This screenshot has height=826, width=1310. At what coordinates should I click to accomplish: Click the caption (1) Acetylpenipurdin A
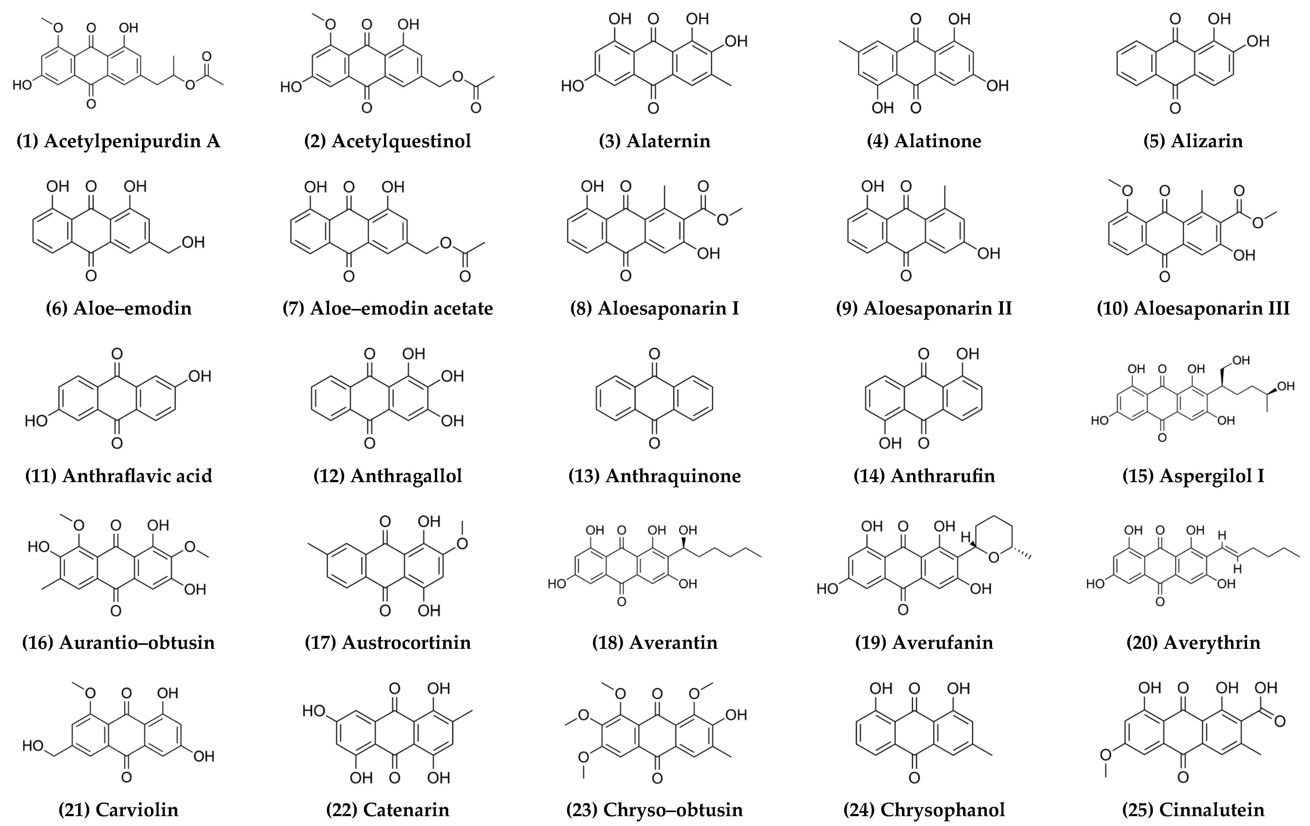118,141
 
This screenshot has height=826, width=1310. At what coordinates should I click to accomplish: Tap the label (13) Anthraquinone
654,476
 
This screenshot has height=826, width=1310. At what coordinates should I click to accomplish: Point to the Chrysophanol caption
924,810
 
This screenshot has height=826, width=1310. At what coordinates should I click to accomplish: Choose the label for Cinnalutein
1193,810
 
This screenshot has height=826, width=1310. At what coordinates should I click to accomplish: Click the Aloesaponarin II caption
924,309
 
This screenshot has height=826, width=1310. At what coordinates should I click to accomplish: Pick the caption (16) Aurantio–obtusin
118,643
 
